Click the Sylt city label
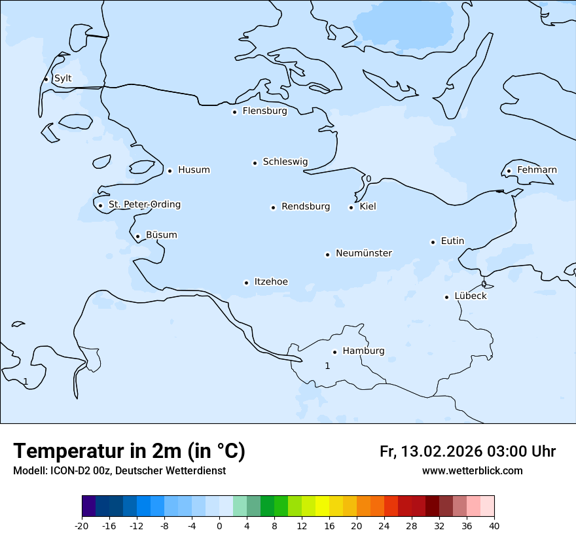pos(63,79)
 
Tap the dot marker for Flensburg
pos(234,112)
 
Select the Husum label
pos(194,170)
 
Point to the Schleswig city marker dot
pos(255,163)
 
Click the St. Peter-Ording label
pos(144,205)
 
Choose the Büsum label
pos(161,235)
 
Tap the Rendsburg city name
pos(306,207)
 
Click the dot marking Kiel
pos(351,207)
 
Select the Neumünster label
pos(364,253)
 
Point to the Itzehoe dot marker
pos(246,283)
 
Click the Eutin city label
pos(452,241)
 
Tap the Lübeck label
pos(471,296)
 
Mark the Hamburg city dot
pos(334,352)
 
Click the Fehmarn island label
pos(537,170)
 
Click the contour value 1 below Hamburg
pos(327,366)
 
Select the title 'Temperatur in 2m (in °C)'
pos(130,451)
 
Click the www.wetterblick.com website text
pos(472,470)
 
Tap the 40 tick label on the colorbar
pos(494,525)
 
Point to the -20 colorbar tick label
pos(82,525)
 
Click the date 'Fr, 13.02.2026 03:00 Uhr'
pos(467,451)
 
